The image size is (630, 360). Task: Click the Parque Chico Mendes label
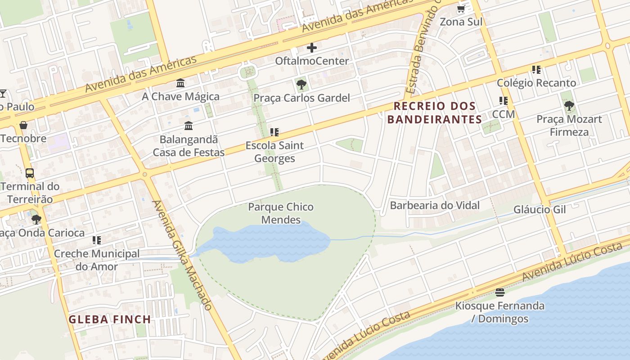tap(281, 213)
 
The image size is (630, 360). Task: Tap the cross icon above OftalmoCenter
tap(311, 47)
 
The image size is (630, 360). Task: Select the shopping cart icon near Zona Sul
tap(461, 9)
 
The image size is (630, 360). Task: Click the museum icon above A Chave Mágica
tap(180, 83)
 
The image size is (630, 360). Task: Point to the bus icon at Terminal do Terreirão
tap(30, 173)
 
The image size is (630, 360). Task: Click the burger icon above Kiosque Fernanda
tap(499, 292)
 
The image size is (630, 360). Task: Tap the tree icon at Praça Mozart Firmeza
tap(569, 106)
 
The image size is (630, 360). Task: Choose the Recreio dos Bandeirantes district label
tap(435, 112)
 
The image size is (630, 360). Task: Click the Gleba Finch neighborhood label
tap(109, 319)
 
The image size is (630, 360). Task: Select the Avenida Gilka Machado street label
tap(183, 255)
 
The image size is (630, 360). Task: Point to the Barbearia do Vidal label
tap(435, 206)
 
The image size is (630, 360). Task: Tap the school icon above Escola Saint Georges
tap(274, 132)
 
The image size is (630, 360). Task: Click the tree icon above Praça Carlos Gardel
tap(301, 84)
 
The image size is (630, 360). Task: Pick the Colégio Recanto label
tap(536, 83)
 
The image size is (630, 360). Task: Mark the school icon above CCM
tap(503, 101)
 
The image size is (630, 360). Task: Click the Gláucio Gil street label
tap(539, 210)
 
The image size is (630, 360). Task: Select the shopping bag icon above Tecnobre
tap(23, 125)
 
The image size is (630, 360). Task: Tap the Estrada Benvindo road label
tap(423, 49)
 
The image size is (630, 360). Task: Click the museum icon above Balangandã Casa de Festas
tap(189, 126)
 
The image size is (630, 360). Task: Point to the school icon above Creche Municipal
tap(96, 240)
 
